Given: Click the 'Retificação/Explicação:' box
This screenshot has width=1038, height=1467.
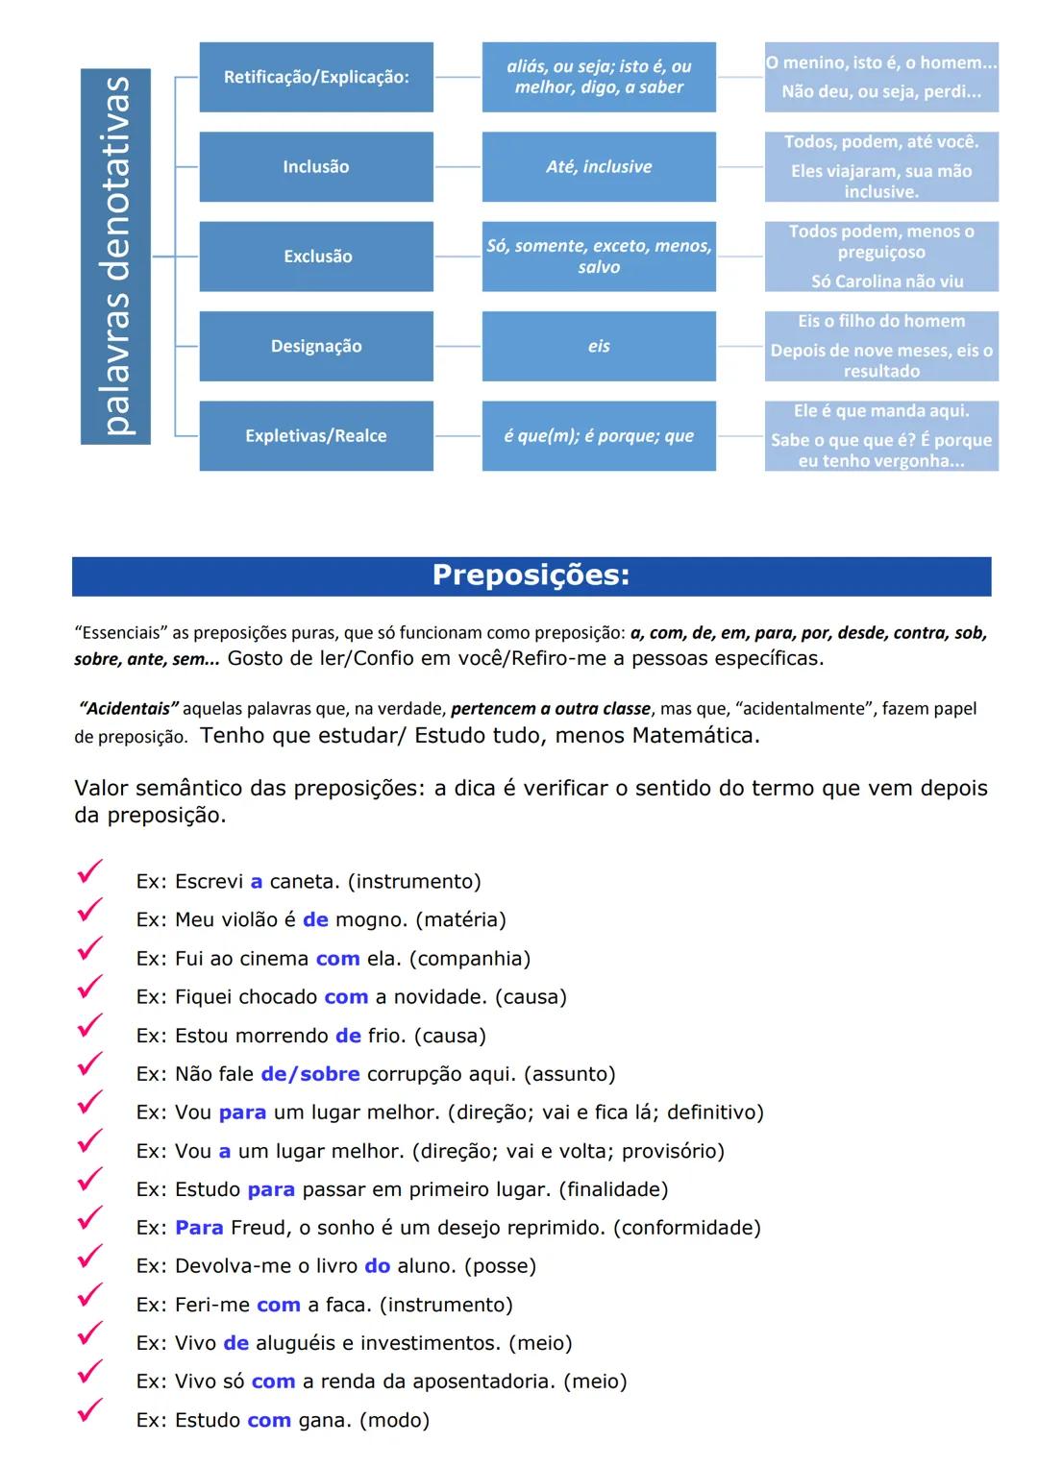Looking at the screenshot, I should pyautogui.click(x=316, y=77).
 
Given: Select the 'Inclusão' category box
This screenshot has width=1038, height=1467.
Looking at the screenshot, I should pyautogui.click(x=316, y=166).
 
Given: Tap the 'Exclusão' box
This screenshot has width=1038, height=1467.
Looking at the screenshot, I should pyautogui.click(x=316, y=257).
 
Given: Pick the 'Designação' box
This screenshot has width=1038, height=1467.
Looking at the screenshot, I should pyautogui.click(x=316, y=346).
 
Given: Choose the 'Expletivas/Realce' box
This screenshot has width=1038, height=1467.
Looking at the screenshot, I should pyautogui.click(x=316, y=435).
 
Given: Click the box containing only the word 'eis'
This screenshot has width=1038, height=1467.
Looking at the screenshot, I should pyautogui.click(x=599, y=346).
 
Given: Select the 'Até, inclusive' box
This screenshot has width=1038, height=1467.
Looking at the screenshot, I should pyautogui.click(x=599, y=166).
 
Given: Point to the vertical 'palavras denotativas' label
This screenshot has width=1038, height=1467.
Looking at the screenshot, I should pyautogui.click(x=115, y=257).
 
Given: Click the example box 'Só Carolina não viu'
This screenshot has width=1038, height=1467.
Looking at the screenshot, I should pyautogui.click(x=886, y=281).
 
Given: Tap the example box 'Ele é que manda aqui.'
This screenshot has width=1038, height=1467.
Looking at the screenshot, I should pyautogui.click(x=881, y=411).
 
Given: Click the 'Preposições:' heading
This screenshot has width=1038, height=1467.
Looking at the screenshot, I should pyautogui.click(x=531, y=575).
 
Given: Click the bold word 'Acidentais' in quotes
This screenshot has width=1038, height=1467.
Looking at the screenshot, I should pyautogui.click(x=129, y=709).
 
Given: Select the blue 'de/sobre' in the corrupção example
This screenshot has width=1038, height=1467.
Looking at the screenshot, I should pyautogui.click(x=310, y=1074).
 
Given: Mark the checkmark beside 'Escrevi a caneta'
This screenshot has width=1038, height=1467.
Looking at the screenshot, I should pyautogui.click(x=89, y=872).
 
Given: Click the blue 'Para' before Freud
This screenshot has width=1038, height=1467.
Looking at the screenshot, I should pyautogui.click(x=199, y=1228).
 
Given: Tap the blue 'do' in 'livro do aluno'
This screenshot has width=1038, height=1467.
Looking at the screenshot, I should pyautogui.click(x=378, y=1266).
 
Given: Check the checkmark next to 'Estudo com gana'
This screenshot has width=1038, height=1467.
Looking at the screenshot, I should pyautogui.click(x=89, y=1410).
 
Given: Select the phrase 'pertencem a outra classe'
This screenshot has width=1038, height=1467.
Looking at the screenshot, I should pyautogui.click(x=551, y=709).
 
